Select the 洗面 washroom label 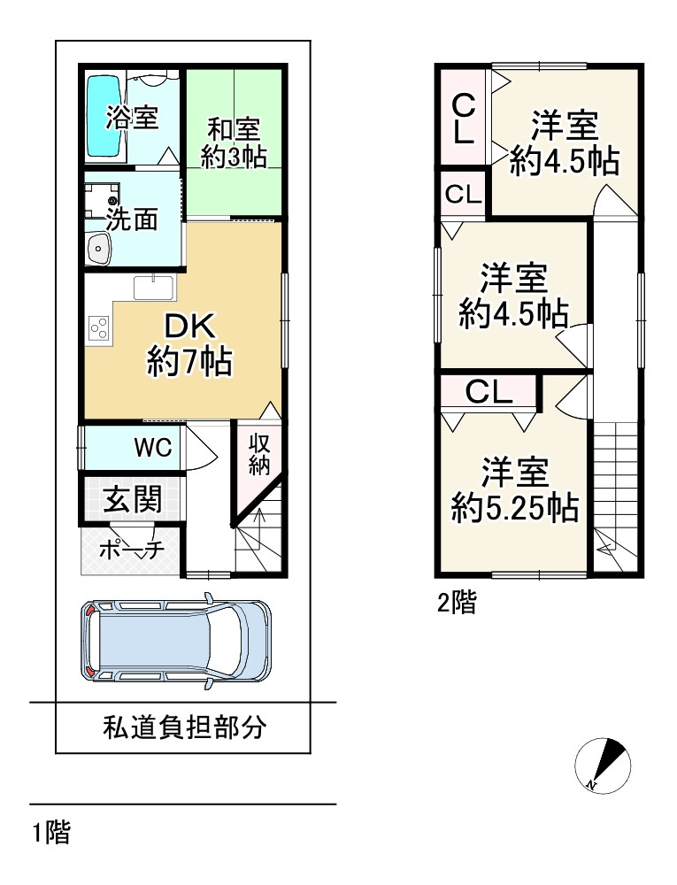click(x=132, y=219)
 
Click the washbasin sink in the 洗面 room click(x=96, y=250)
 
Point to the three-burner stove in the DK click(x=99, y=329)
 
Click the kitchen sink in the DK click(x=156, y=287)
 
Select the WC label click(x=152, y=448)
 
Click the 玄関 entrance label click(x=134, y=500)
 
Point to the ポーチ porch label click(x=132, y=550)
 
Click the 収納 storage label click(x=258, y=455)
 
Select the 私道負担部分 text click(x=184, y=728)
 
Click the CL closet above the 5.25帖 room click(x=489, y=392)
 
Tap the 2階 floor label click(x=457, y=604)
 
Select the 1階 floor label click(x=51, y=832)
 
